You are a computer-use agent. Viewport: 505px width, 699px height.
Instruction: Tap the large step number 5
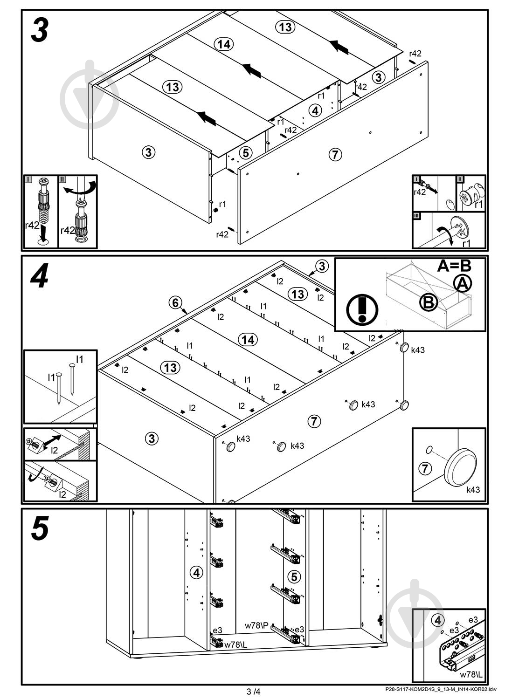(x=40, y=530)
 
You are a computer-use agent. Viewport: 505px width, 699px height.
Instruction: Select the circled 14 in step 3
(x=224, y=44)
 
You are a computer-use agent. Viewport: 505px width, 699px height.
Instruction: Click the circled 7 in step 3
(x=335, y=154)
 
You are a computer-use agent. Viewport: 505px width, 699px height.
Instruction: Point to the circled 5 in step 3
(x=246, y=152)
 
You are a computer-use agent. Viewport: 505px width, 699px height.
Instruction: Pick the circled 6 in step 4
(x=175, y=303)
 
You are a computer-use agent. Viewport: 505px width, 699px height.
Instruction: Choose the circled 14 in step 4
(x=248, y=340)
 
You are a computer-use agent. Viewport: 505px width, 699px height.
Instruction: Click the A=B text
(x=454, y=266)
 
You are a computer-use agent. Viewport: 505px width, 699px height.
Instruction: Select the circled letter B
(x=428, y=303)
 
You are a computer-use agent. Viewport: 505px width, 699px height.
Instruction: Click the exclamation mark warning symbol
(x=362, y=308)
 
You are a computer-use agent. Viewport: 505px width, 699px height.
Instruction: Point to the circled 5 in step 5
(x=294, y=576)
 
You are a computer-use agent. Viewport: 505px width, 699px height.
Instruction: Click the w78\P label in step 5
(x=257, y=625)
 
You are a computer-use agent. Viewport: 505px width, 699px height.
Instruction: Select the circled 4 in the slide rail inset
(x=437, y=620)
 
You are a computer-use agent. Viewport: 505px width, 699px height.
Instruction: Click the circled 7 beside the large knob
(x=425, y=468)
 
